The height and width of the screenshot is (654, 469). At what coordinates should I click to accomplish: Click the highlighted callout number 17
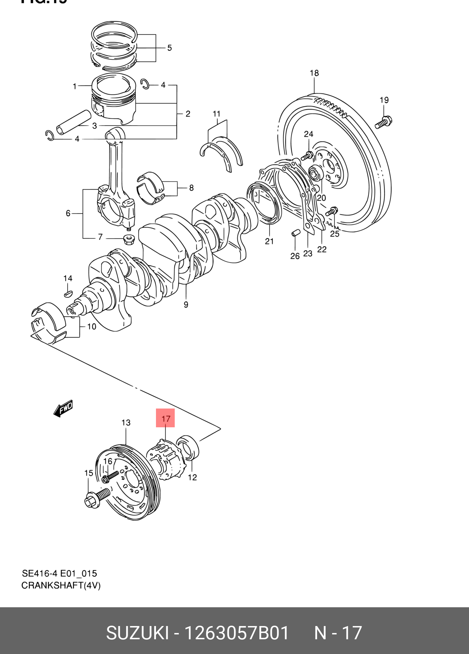(x=166, y=418)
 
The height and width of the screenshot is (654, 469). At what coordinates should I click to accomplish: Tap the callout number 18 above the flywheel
(x=314, y=73)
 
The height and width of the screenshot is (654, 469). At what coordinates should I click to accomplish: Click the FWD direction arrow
(x=64, y=408)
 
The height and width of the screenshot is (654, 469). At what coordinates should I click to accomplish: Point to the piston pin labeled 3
(x=74, y=121)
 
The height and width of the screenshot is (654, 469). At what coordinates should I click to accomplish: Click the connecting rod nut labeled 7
(x=128, y=239)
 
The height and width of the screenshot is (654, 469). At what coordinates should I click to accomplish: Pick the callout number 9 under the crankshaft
(x=186, y=305)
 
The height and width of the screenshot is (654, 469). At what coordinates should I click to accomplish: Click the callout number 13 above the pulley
(x=126, y=423)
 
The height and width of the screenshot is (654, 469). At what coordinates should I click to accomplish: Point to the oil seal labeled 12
(x=188, y=447)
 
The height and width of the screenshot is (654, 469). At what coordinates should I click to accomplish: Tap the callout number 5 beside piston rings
(x=169, y=48)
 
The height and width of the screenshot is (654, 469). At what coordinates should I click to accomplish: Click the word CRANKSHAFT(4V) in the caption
(x=61, y=585)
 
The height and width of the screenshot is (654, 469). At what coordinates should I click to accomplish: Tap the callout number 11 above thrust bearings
(x=217, y=114)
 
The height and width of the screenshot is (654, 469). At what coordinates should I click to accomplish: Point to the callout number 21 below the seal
(x=269, y=241)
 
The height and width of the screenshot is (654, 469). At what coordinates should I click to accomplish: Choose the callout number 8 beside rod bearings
(x=191, y=188)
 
